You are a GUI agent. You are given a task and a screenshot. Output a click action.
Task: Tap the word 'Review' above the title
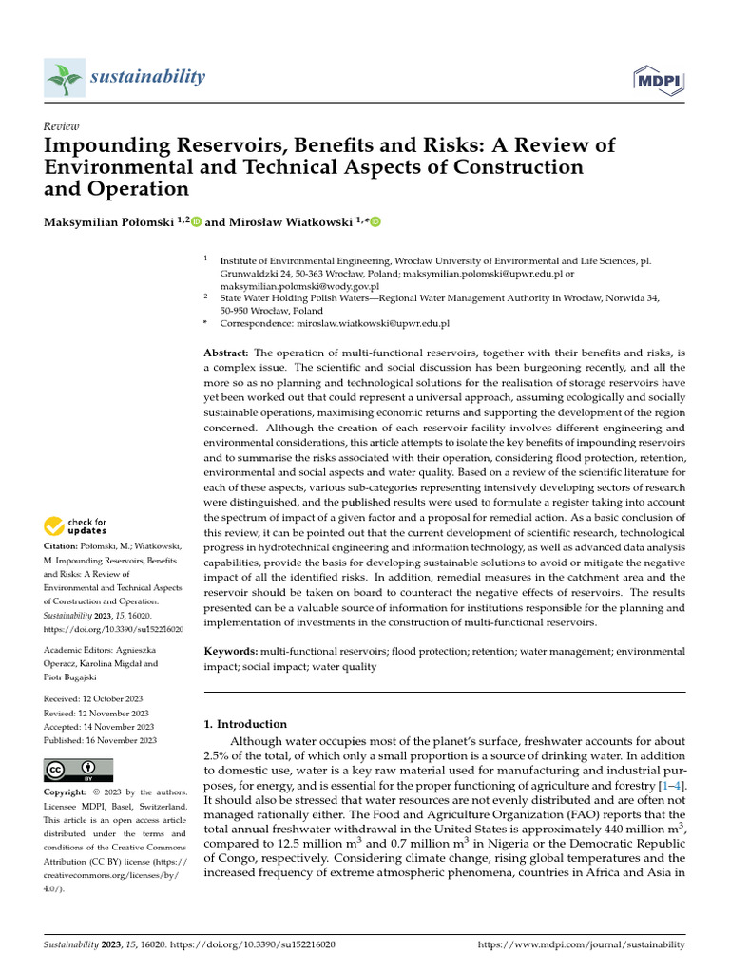coord(62,126)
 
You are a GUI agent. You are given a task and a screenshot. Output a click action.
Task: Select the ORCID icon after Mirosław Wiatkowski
coord(375,222)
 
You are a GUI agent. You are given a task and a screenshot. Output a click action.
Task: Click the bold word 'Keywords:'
coord(231,651)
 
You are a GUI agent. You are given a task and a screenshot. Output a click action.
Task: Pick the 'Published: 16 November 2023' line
coord(99,740)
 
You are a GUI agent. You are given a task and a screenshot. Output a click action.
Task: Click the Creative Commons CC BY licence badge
coord(78,770)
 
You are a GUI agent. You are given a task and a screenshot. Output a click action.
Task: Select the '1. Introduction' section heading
coord(245,723)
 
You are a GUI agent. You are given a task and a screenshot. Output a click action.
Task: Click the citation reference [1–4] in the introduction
coord(671,788)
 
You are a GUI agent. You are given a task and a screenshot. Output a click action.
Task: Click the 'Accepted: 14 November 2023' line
coord(99,727)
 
